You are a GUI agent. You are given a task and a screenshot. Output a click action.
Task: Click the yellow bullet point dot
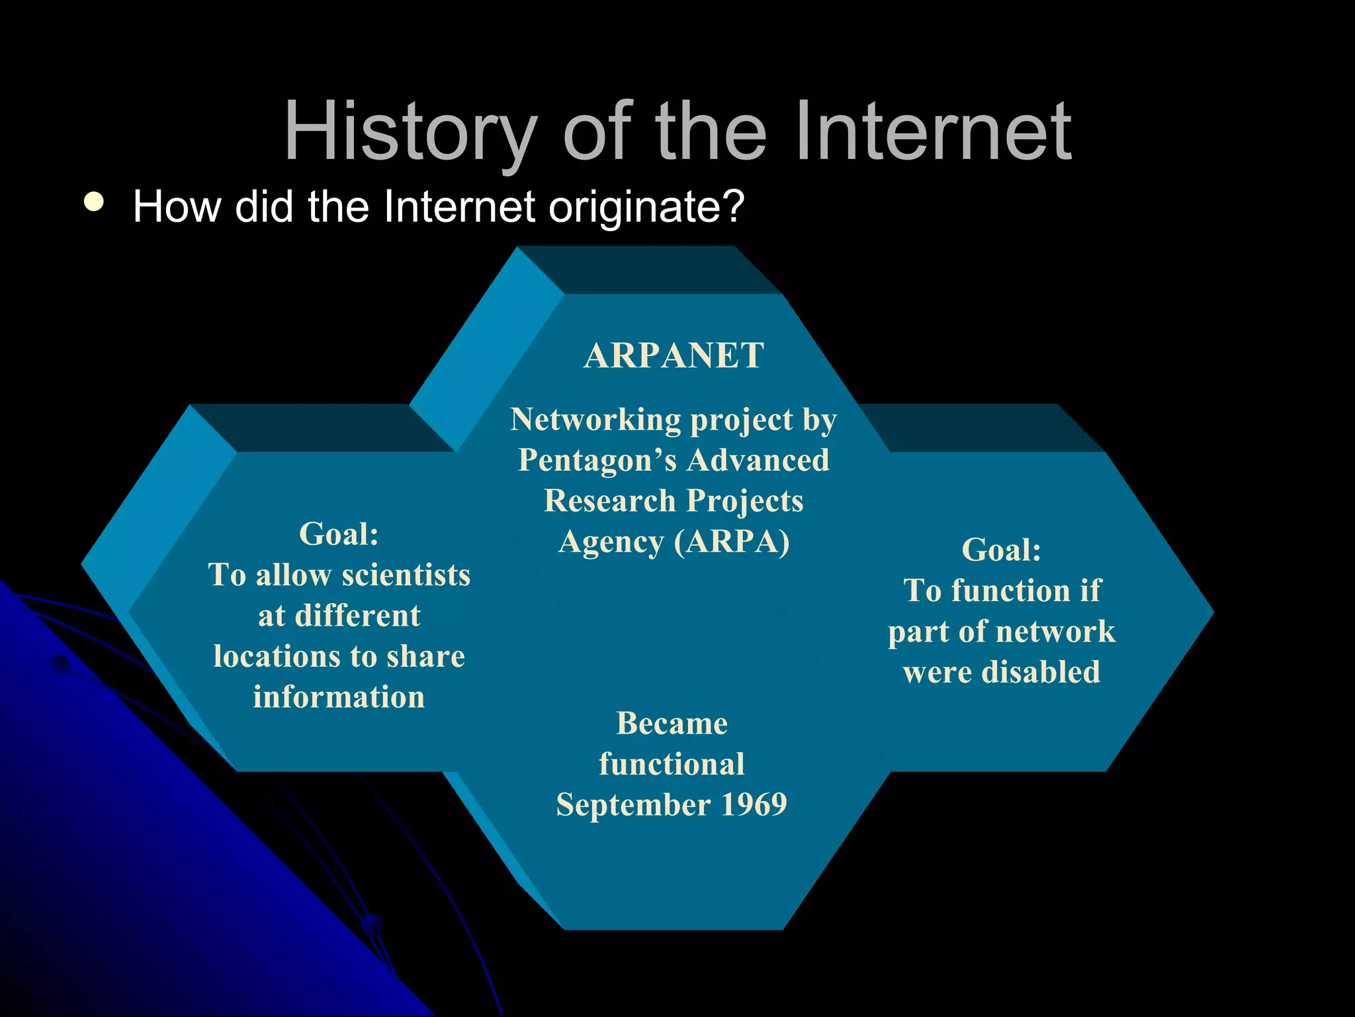click(94, 203)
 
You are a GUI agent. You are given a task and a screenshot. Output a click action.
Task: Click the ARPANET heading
click(674, 356)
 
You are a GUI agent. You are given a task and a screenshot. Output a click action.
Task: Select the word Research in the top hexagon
click(609, 501)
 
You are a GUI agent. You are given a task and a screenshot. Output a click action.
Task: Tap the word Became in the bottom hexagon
click(672, 724)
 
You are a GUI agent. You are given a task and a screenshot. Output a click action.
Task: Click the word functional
click(672, 765)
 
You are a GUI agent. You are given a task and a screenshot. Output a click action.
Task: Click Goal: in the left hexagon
click(339, 534)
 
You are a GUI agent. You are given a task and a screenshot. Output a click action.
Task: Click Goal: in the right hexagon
click(1001, 550)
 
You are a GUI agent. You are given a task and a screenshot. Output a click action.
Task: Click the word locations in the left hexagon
click(276, 657)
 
